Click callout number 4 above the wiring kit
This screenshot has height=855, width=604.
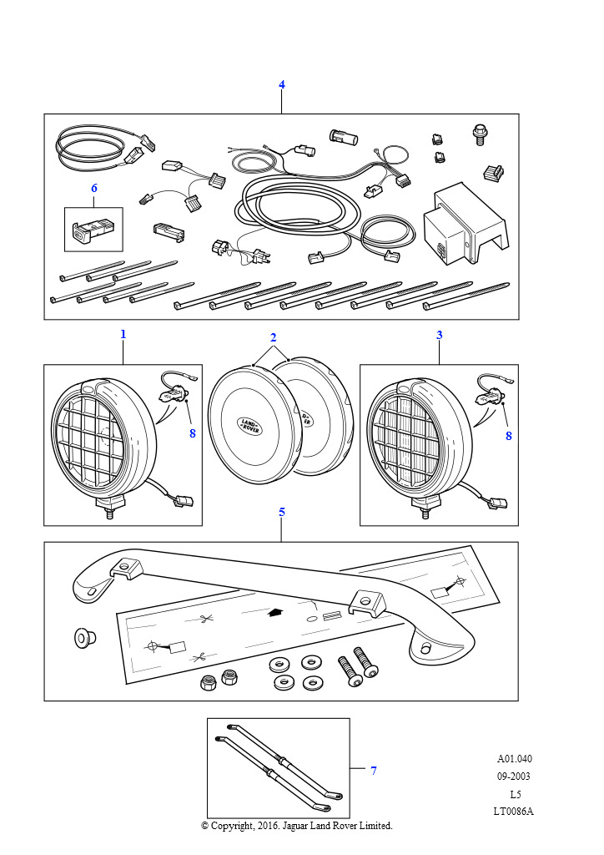tap(282, 85)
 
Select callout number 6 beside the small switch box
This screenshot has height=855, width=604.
tap(94, 189)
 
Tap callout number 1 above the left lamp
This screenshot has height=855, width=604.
tap(123, 334)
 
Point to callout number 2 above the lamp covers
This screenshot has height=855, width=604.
tap(273, 337)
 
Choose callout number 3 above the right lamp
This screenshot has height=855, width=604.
tap(440, 335)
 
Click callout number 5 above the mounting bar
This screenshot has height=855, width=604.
tap(282, 512)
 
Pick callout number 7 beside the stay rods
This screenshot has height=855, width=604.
tap(373, 771)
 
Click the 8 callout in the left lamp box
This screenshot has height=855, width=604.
tap(192, 433)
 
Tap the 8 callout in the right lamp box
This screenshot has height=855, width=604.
tap(508, 435)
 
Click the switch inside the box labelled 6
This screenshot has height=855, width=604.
tap(92, 230)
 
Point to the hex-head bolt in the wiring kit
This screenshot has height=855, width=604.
tap(480, 134)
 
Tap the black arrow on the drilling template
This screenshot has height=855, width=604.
tap(275, 611)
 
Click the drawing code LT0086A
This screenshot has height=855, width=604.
tap(514, 811)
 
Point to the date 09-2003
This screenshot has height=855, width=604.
tap(514, 777)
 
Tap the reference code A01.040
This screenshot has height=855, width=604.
tap(514, 759)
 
